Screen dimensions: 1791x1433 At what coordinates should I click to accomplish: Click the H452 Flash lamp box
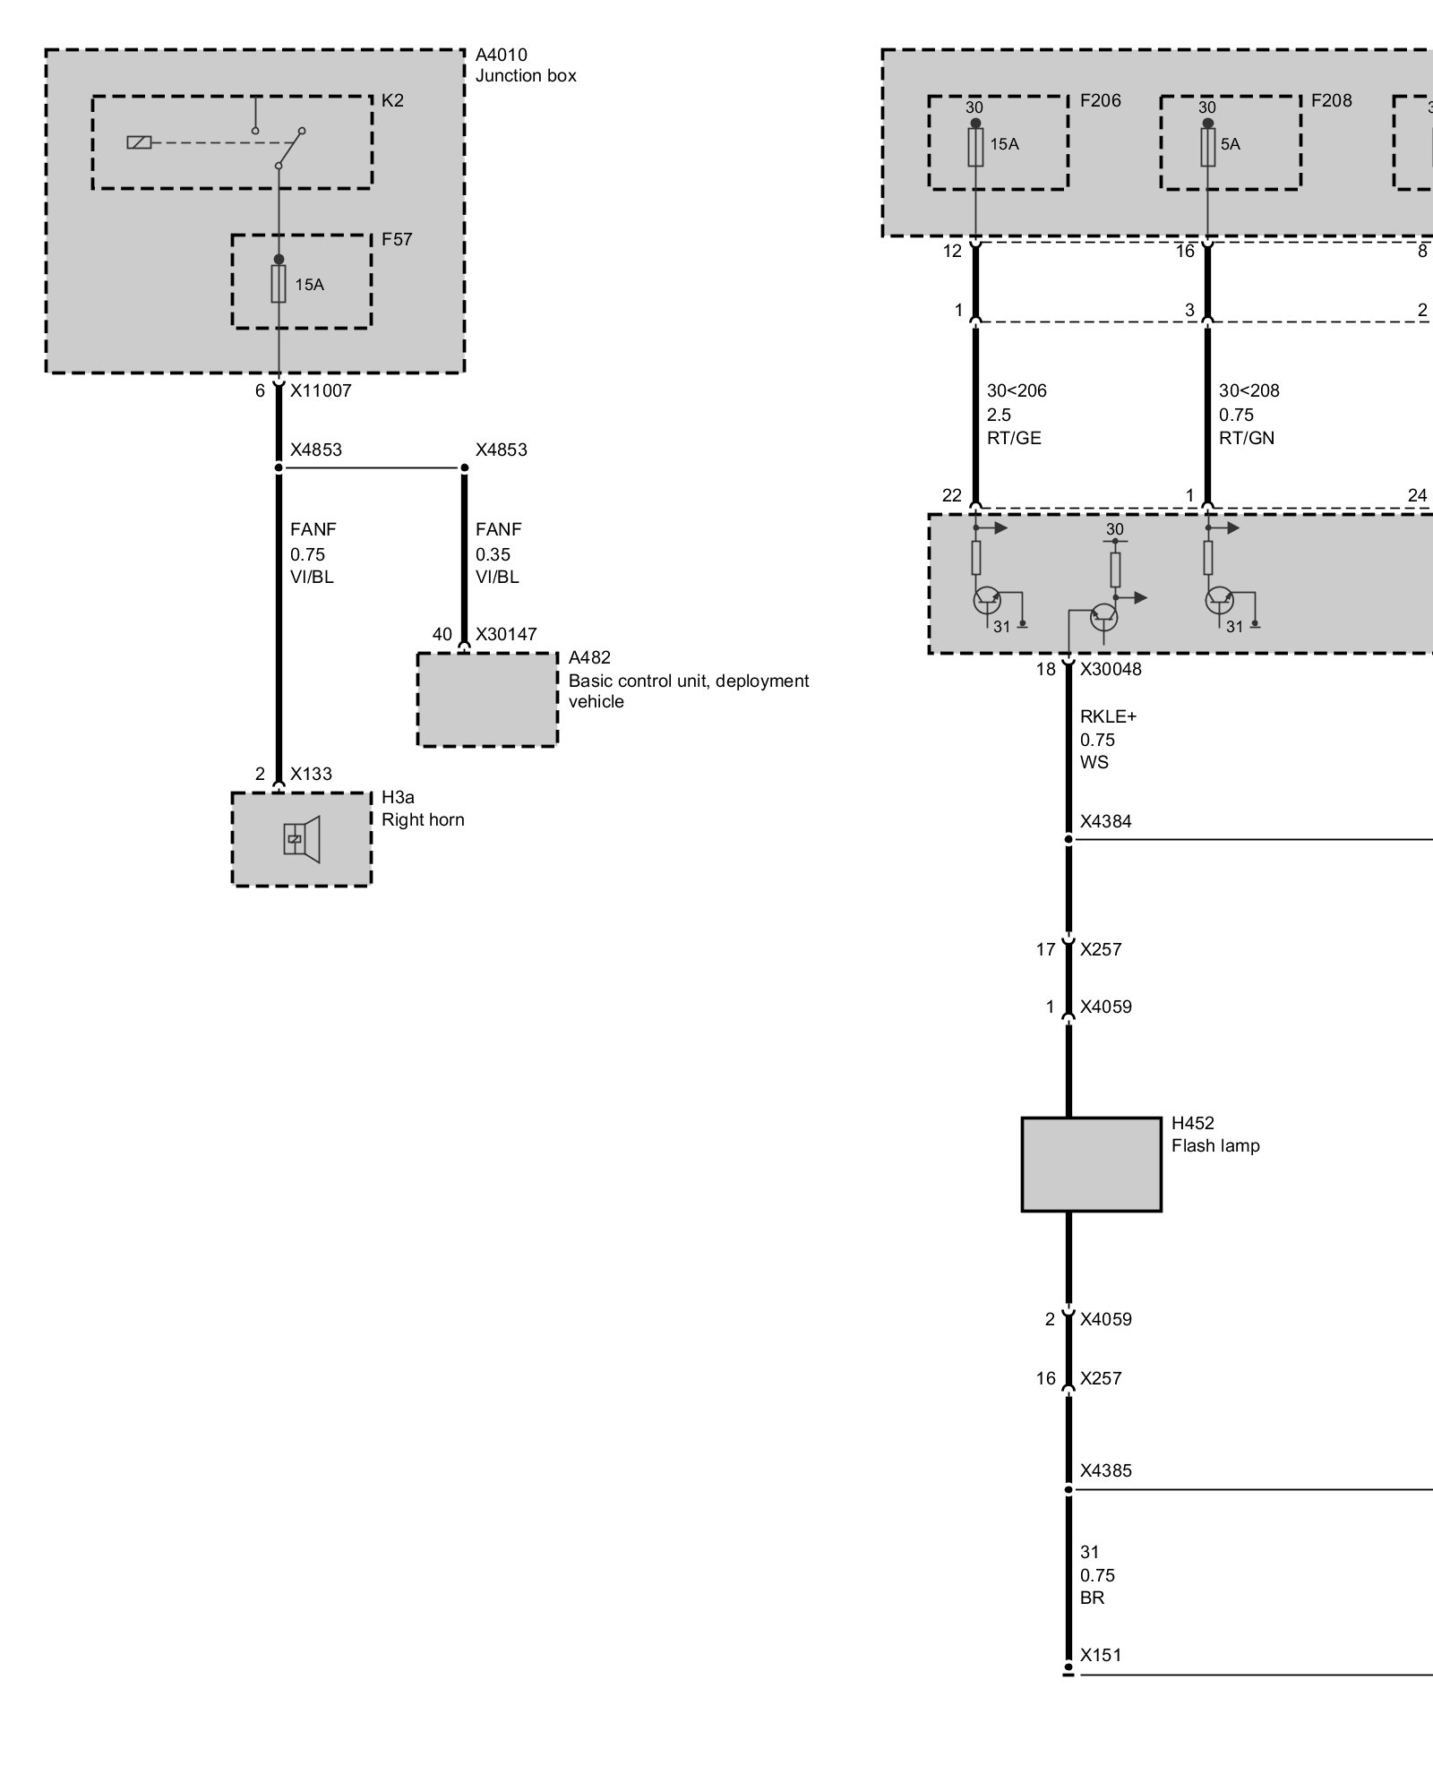[x=1091, y=1164]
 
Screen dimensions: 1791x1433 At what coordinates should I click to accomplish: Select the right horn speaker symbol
[x=302, y=839]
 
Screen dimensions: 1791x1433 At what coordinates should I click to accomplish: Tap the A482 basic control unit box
[x=487, y=699]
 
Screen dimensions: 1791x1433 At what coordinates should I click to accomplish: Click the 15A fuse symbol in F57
[x=279, y=284]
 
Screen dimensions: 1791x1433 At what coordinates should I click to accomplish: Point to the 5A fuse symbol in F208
[x=1207, y=147]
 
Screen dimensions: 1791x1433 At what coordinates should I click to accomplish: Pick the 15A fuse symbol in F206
[x=975, y=147]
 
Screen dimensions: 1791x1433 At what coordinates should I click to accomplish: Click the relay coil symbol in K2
[x=139, y=142]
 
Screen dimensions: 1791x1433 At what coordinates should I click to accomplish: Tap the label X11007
[x=321, y=390]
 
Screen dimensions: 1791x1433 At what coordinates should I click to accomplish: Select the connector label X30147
[x=506, y=634]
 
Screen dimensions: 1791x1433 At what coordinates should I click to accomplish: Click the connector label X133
[x=311, y=774]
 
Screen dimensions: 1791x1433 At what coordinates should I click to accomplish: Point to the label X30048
[x=1111, y=669]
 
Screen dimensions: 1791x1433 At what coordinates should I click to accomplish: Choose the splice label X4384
[x=1105, y=821]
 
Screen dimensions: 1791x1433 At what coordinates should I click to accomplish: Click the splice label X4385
[x=1105, y=1470]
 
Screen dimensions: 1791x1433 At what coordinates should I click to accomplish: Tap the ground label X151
[x=1101, y=1655]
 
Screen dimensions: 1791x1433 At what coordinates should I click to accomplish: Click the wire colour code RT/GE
[x=1014, y=438]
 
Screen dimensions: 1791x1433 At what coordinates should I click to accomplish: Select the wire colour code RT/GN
[x=1247, y=438]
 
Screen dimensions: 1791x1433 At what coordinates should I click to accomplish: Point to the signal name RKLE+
[x=1108, y=716]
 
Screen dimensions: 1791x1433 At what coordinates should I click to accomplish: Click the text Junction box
[x=526, y=75]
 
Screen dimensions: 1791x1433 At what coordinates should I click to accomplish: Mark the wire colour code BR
[x=1092, y=1598]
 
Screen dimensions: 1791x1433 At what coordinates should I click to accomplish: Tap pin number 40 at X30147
[x=442, y=634]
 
